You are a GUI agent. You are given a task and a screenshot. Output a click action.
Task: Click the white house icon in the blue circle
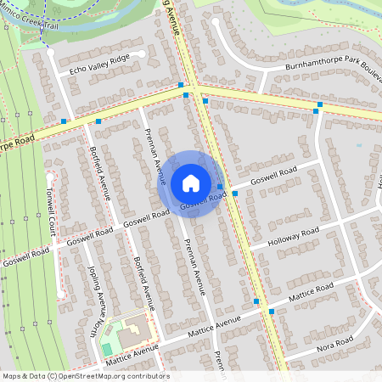click(191, 183)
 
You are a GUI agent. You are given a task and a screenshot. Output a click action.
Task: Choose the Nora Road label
click(332, 343)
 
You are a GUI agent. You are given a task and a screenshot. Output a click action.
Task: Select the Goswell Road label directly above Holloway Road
click(275, 176)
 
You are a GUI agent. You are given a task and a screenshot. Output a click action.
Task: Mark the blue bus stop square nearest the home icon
click(219, 187)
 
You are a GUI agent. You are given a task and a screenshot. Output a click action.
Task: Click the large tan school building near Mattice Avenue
click(132, 334)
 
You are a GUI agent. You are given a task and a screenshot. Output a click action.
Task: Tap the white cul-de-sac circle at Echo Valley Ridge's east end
click(141, 55)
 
